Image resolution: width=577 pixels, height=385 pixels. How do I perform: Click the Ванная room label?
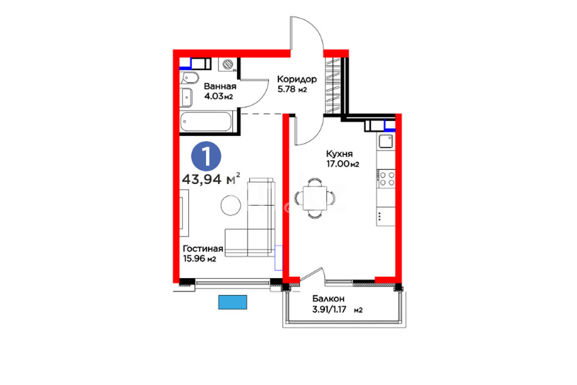pyautogui.click(x=220, y=86)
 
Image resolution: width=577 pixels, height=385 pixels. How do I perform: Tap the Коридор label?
pyautogui.click(x=296, y=79)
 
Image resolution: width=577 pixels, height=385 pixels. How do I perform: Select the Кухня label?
pyautogui.click(x=339, y=154)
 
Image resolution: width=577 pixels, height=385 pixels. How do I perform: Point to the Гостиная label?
pyautogui.click(x=203, y=249)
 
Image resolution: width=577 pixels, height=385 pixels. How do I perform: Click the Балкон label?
pyautogui.click(x=328, y=299)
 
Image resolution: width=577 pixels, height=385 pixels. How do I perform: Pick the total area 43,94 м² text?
pyautogui.click(x=211, y=179)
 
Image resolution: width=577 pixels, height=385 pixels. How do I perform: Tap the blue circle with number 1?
pyautogui.click(x=206, y=156)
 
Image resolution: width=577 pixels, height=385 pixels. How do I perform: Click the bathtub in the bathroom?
pyautogui.click(x=206, y=122)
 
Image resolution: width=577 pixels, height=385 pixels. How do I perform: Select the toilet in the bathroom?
pyautogui.click(x=189, y=78)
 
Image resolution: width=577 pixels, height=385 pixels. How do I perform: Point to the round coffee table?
pyautogui.click(x=231, y=205)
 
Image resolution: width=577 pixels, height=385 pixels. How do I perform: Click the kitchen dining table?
pyautogui.click(x=315, y=198)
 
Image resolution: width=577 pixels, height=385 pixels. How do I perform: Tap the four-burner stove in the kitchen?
pyautogui.click(x=386, y=179)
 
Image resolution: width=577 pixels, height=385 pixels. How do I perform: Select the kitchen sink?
pyautogui.click(x=385, y=141)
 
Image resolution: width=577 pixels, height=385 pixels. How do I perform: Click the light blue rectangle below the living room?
pyautogui.click(x=232, y=302)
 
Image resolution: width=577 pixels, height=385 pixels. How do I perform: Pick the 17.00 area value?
pyautogui.click(x=338, y=164)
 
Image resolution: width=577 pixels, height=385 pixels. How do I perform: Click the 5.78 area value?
pyautogui.click(x=286, y=89)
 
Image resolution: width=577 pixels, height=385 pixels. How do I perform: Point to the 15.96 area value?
pyautogui.click(x=194, y=259)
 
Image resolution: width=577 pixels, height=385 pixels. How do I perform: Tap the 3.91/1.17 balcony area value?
pyautogui.click(x=329, y=310)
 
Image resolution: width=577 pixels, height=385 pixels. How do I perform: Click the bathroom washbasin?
pyautogui.click(x=186, y=98)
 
